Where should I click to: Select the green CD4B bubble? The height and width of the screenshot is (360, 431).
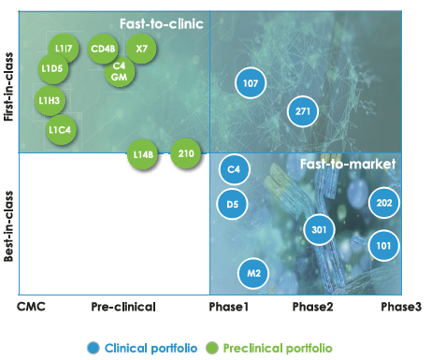pyautogui.click(x=103, y=48)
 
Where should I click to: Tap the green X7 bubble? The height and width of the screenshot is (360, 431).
pyautogui.click(x=141, y=48)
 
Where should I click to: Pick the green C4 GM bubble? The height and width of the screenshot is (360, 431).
pyautogui.click(x=119, y=71)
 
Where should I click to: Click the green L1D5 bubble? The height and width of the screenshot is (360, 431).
pyautogui.click(x=53, y=68)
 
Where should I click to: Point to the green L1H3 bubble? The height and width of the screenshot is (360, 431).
pyautogui.click(x=50, y=100)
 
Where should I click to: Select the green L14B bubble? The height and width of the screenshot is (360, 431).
pyautogui.click(x=143, y=154)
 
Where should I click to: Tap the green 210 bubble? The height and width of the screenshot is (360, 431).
pyautogui.click(x=186, y=152)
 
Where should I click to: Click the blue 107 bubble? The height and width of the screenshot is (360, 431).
pyautogui.click(x=250, y=83)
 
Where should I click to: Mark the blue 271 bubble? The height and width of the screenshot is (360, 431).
pyautogui.click(x=302, y=111)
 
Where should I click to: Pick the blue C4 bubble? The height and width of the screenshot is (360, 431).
pyautogui.click(x=235, y=169)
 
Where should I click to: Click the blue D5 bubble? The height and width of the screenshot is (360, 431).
pyautogui.click(x=234, y=203)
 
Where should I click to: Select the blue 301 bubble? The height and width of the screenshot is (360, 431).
pyautogui.click(x=319, y=229)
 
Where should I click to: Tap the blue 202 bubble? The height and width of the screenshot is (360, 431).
pyautogui.click(x=384, y=203)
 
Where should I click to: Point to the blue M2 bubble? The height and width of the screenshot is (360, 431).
pyautogui.click(x=252, y=273)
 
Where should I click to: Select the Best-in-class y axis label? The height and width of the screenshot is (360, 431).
pyautogui.click(x=9, y=224)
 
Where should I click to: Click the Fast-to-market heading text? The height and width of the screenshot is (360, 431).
pyautogui.click(x=348, y=164)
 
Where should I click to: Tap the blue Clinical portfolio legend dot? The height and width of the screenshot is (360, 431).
pyautogui.click(x=93, y=348)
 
